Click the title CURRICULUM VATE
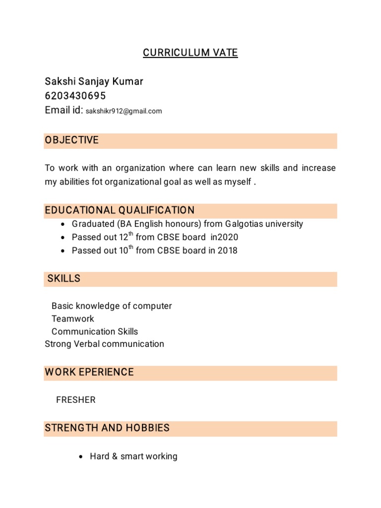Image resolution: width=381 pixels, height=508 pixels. click(190, 53)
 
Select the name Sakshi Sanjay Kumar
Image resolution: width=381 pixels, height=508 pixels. click(94, 81)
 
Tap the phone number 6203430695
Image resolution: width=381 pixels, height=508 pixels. click(75, 96)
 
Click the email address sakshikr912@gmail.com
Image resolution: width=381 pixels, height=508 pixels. click(124, 111)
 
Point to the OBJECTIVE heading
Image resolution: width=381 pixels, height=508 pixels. click(72, 140)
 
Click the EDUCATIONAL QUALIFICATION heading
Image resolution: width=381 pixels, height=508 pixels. click(120, 210)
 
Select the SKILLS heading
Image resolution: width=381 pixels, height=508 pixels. click(64, 279)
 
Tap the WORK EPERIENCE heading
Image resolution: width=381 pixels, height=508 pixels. click(89, 372)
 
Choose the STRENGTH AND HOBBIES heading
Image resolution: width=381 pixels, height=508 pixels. click(107, 428)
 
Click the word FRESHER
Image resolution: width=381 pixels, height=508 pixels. click(76, 400)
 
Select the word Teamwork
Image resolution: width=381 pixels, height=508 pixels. click(72, 318)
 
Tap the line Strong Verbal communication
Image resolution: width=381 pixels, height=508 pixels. click(104, 344)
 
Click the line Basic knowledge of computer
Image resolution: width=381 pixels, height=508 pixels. click(112, 306)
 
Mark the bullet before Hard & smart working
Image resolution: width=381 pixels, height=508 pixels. click(81, 457)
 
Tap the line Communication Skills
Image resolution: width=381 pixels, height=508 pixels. click(95, 331)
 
